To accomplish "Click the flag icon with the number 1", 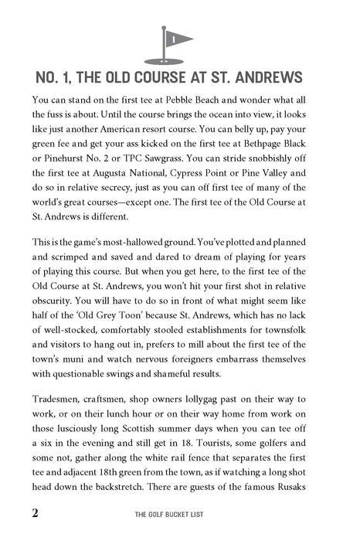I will [x=174, y=39].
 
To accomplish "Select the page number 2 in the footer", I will [x=14, y=514].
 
